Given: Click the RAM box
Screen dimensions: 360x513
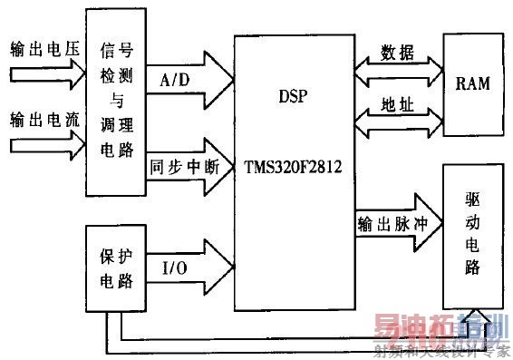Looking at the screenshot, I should click(471, 83).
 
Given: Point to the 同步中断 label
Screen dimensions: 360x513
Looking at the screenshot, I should click(177, 166).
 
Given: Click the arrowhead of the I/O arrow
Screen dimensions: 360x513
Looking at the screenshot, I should click(220, 265).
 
